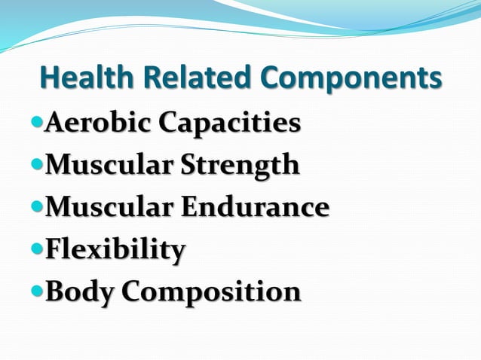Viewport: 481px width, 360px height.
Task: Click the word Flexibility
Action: pos(115,249)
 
